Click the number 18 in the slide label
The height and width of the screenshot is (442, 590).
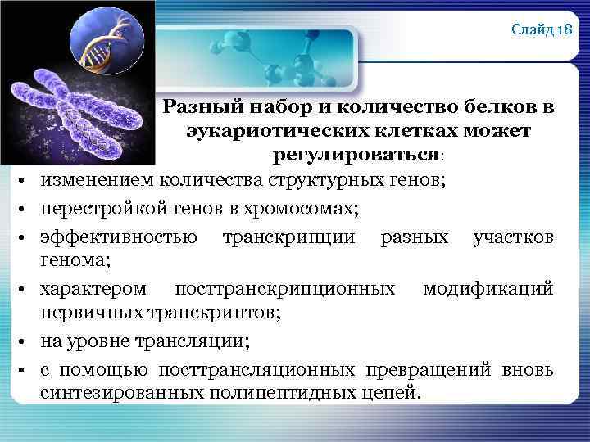[564, 30]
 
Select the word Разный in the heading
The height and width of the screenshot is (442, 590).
[195, 107]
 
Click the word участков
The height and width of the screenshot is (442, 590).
[512, 237]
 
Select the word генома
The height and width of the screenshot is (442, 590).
[75, 259]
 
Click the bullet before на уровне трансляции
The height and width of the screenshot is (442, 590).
[27, 341]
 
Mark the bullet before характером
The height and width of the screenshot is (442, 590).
[27, 289]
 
